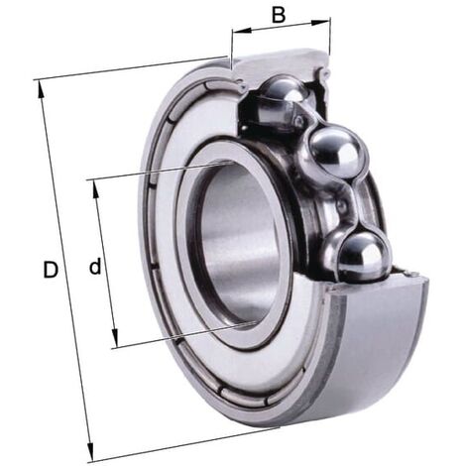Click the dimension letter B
point(279,15)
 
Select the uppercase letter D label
point(51,268)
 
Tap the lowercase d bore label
point(95,266)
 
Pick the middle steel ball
point(333,154)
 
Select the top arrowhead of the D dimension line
point(42,88)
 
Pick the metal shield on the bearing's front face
point(165,297)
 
